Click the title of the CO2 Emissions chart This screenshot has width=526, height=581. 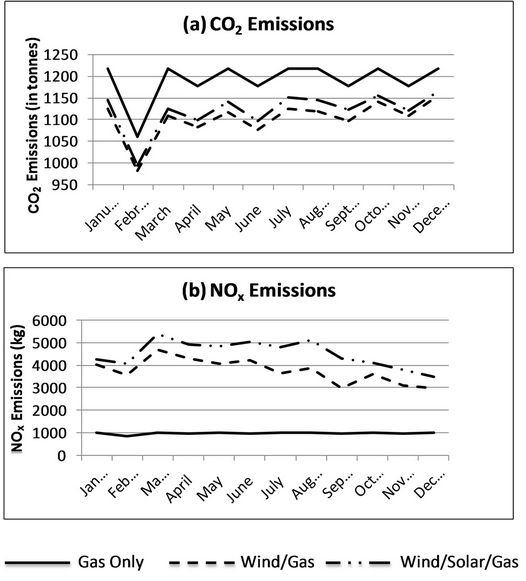pos(259,25)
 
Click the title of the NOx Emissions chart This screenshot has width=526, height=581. pos(259,291)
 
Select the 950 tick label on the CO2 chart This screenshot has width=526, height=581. pos(66,185)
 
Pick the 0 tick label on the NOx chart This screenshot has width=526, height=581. pos(62,456)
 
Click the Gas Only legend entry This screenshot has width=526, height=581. pos(75,562)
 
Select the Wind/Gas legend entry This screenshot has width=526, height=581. pos(242,562)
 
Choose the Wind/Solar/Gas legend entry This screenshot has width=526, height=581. pos(422,562)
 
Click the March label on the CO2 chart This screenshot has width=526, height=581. pos(153,222)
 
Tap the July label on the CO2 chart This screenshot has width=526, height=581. pos(280,216)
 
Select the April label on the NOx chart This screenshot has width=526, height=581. pos(179,489)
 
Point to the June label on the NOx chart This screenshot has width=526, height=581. pos(240,488)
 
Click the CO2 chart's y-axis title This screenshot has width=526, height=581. pos(34,125)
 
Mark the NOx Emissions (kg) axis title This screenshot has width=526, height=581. pos(17,388)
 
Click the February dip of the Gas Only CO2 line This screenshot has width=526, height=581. pos(138,137)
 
